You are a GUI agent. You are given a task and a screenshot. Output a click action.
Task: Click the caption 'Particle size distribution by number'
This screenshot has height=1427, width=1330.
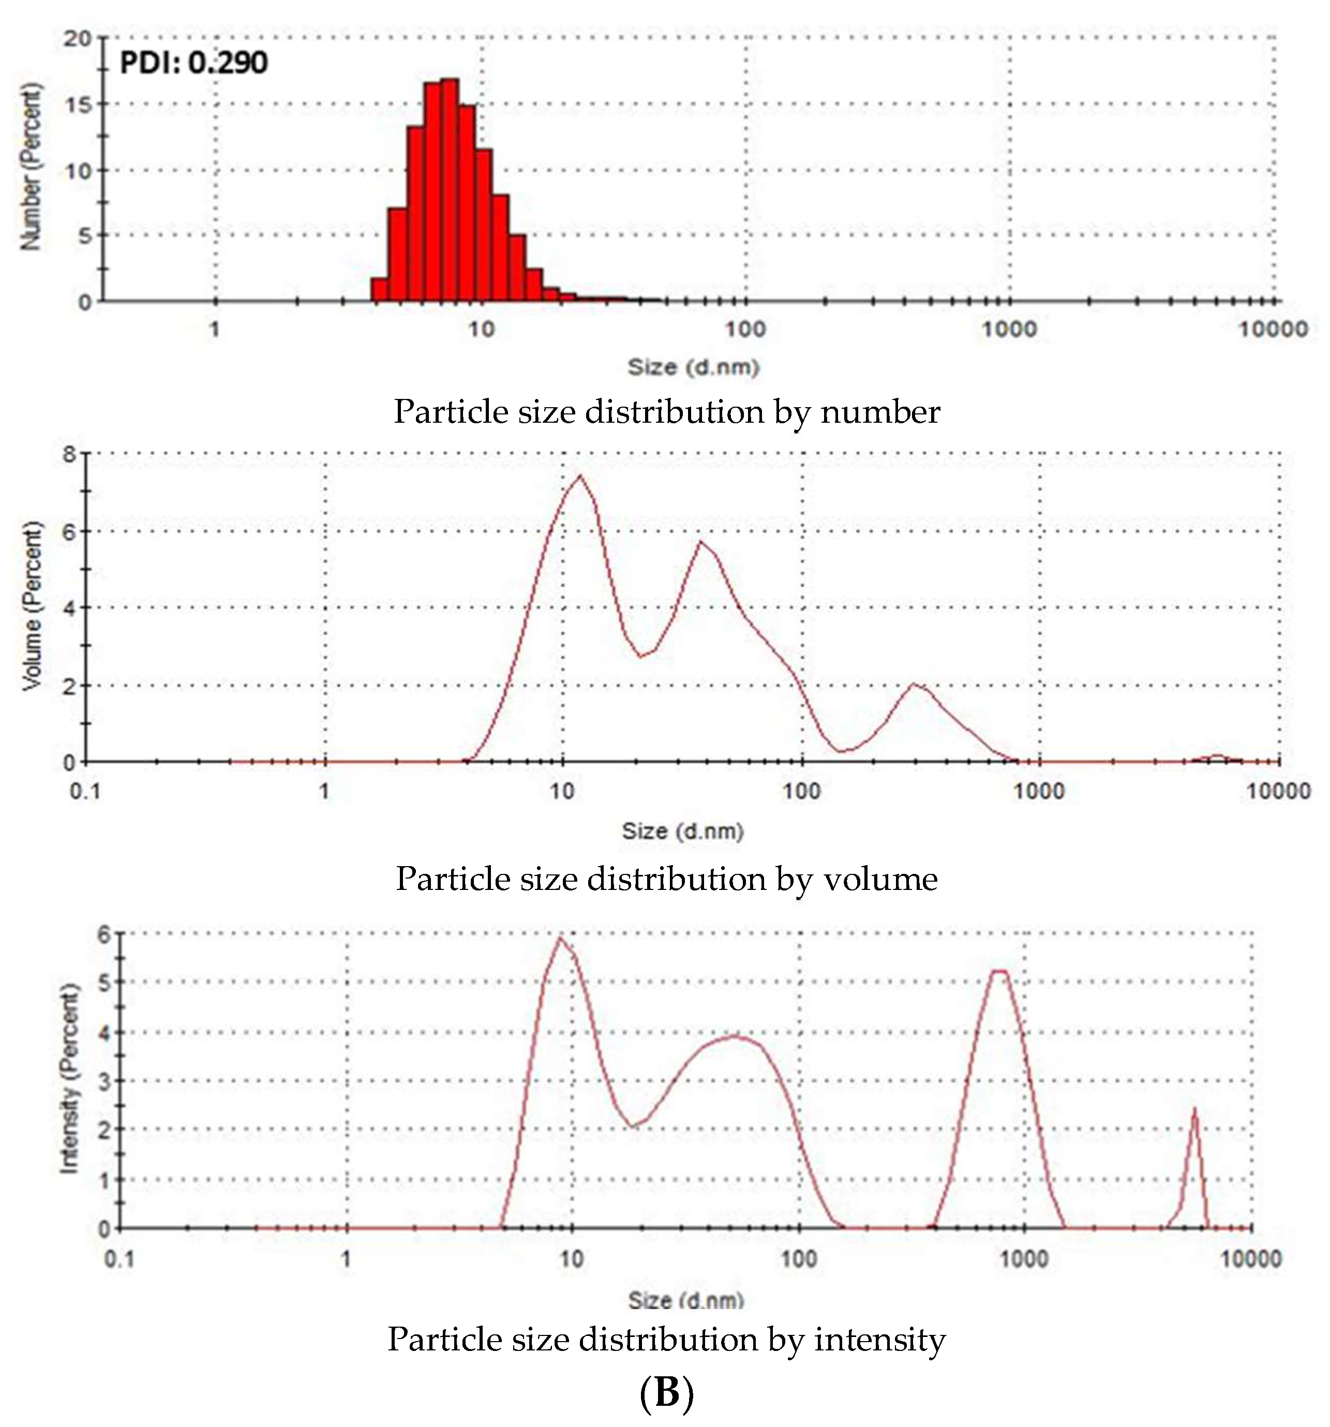pyautogui.click(x=666, y=412)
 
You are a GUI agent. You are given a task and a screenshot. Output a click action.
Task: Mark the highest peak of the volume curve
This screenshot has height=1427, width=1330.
pyautogui.click(x=580, y=476)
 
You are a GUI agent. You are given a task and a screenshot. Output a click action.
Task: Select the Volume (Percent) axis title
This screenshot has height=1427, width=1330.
pyautogui.click(x=32, y=606)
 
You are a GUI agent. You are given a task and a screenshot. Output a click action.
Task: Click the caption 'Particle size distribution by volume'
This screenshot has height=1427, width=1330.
pyautogui.click(x=666, y=879)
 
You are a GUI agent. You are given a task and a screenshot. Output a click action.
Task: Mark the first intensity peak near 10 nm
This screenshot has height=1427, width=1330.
pyautogui.click(x=561, y=938)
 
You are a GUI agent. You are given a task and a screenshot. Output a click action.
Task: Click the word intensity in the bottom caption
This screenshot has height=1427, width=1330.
pyautogui.click(x=879, y=1340)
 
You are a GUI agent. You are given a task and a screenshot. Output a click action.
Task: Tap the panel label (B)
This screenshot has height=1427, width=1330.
pyautogui.click(x=666, y=1393)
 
